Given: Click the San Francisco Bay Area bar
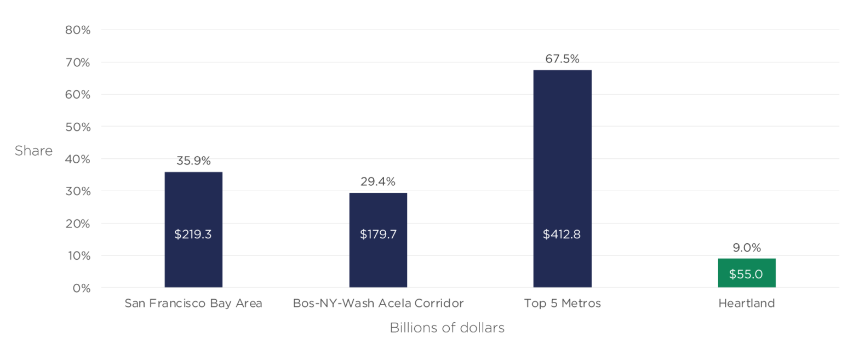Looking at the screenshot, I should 193,203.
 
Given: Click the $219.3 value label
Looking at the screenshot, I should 193,235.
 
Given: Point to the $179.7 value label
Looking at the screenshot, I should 378,235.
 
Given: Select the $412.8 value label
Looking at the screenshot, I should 562,235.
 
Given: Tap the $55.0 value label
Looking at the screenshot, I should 746,274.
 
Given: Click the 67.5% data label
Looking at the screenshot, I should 562,59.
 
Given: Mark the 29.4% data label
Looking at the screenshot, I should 378,182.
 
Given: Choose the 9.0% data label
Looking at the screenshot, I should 747,248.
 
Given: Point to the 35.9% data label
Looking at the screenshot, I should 193,162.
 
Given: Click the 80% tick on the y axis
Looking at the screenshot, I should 77,30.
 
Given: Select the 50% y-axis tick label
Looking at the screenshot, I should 77,127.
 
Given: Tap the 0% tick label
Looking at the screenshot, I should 81,288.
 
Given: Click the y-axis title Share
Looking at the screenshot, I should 33,151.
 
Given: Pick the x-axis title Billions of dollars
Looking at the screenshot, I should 447,328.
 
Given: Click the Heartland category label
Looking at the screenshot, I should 747,303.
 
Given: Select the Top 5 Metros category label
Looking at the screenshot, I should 562,303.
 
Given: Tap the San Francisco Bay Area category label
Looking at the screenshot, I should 193,303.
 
